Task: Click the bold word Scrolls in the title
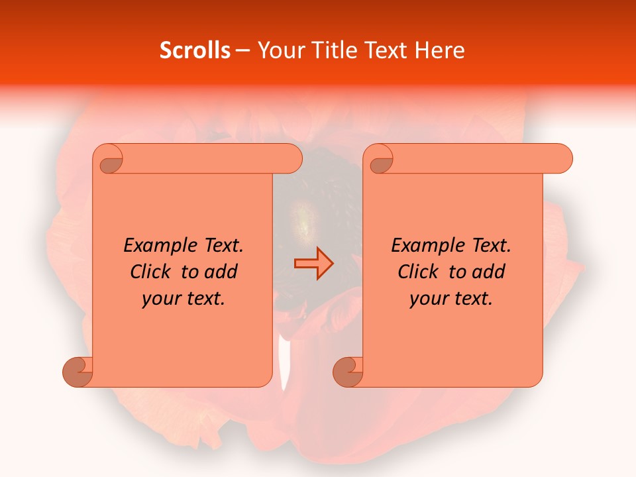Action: click(195, 50)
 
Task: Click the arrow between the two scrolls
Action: click(313, 264)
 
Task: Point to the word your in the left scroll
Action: click(160, 299)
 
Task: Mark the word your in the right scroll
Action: click(427, 299)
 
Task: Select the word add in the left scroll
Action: click(222, 272)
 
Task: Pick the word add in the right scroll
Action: click(490, 272)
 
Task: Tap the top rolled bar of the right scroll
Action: click(477, 158)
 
